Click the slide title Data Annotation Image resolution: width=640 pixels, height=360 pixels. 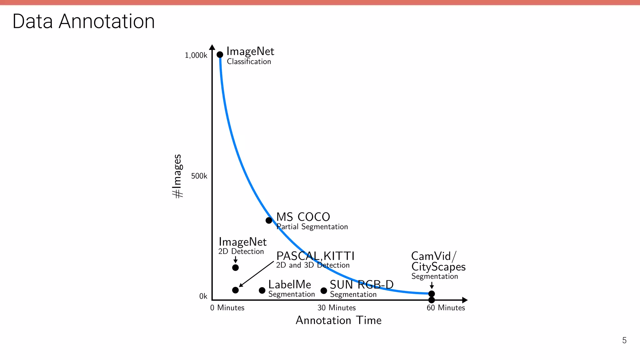coord(83,21)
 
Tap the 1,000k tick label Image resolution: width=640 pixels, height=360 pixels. coord(196,55)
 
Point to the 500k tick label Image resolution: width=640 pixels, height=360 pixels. coord(199,176)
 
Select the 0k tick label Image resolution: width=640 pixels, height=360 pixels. coord(203,296)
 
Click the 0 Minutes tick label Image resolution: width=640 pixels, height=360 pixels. coord(227,308)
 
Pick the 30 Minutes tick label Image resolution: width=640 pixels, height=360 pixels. coord(337,308)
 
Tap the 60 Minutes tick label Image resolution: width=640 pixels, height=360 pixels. coord(446,308)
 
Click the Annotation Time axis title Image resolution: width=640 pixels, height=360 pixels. coord(338,320)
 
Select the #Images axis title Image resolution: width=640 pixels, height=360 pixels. coord(177,176)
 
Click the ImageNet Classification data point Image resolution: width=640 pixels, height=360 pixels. coord(220,55)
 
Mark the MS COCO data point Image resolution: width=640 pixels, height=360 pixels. coord(269,220)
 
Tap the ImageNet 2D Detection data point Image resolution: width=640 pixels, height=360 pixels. coord(236,267)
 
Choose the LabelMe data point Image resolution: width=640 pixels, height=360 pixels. coord(262,290)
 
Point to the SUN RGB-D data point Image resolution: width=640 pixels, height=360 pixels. coord(324,291)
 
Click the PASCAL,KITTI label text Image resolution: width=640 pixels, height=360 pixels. coord(315,256)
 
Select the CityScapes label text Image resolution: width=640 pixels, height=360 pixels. coord(438,267)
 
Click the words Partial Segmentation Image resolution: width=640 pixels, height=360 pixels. coord(312,227)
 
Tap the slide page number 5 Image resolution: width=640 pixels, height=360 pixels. coord(624,340)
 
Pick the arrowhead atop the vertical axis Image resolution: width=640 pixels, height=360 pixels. coord(212,47)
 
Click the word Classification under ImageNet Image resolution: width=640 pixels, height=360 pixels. coord(249,62)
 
